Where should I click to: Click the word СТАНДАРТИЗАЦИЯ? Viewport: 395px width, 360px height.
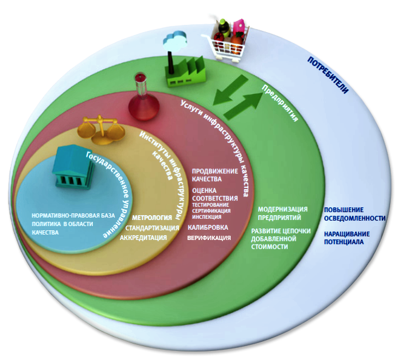151,228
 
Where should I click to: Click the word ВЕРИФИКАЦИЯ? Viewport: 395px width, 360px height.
209,238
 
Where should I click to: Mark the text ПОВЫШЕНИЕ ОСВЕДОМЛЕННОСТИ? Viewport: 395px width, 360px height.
354,213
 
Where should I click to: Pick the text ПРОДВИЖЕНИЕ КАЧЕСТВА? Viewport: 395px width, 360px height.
207,175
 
